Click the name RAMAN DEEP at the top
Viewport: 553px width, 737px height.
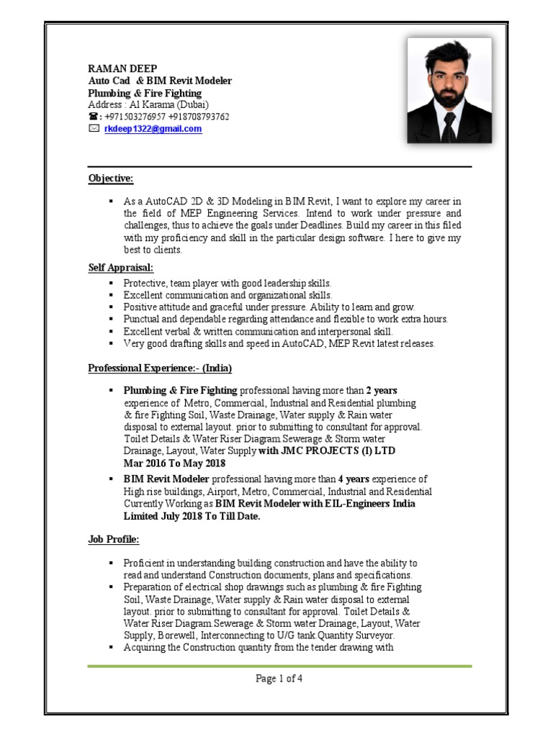point(122,68)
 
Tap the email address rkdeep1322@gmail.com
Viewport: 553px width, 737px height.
point(153,129)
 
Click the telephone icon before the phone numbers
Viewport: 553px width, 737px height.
point(93,117)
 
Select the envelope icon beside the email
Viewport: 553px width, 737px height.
point(93,129)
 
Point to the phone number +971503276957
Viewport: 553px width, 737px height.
point(135,117)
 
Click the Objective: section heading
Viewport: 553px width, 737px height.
point(111,178)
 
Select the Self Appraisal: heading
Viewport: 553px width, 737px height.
point(121,268)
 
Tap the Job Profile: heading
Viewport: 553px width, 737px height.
point(114,538)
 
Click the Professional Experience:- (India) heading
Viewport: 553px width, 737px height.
point(160,368)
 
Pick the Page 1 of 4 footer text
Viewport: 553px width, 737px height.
point(279,679)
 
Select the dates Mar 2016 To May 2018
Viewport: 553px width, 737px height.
point(174,464)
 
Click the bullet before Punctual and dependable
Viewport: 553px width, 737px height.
point(111,319)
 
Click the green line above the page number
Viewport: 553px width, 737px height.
point(279,666)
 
